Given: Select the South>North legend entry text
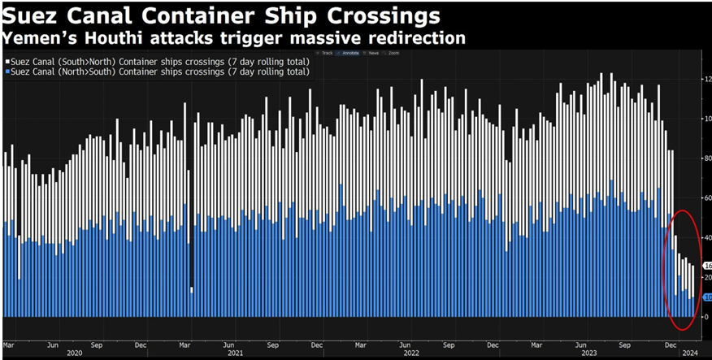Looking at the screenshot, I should (159, 61).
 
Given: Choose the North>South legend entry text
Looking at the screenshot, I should (159, 72).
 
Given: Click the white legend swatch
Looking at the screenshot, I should (6, 61).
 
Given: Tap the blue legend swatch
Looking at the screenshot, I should (6, 72).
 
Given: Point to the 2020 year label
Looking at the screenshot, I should (75, 353).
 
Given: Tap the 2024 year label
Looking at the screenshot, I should (689, 353).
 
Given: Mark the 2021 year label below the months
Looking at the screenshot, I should (235, 353).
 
